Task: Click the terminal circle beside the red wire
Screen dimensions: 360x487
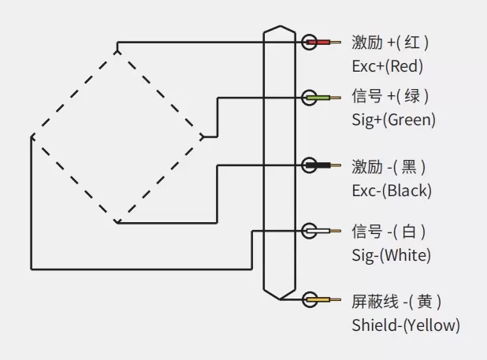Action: click(x=310, y=42)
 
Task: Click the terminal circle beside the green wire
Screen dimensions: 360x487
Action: click(x=310, y=97)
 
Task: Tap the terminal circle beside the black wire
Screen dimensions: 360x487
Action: click(x=310, y=165)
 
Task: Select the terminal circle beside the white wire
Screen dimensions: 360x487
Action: click(x=310, y=231)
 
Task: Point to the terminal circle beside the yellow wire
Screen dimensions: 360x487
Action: click(x=310, y=300)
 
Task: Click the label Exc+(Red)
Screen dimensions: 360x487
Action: click(x=388, y=65)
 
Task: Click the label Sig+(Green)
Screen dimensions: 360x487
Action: click(x=393, y=121)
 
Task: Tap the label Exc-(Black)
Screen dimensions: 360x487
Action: click(x=392, y=190)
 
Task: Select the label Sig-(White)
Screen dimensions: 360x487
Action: click(x=392, y=255)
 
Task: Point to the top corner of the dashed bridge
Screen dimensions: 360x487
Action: click(x=117, y=51)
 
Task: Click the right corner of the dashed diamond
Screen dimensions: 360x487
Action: click(x=203, y=136)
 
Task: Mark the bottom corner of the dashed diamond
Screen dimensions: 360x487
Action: click(x=117, y=222)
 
